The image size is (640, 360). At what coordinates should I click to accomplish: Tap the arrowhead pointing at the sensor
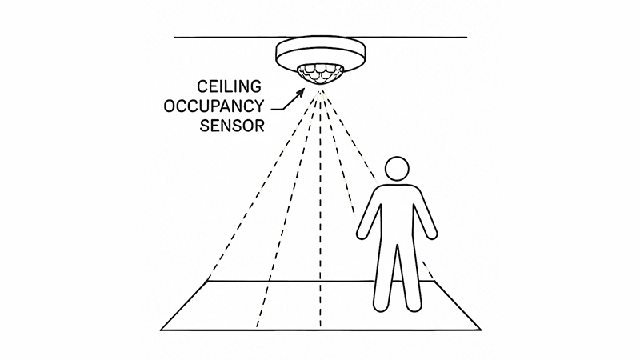click(x=302, y=92)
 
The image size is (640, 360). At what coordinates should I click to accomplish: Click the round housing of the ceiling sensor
click(x=321, y=53)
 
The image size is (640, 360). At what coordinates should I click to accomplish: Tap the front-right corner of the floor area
click(x=482, y=330)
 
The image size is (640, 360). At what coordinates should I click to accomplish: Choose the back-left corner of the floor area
click(x=208, y=282)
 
